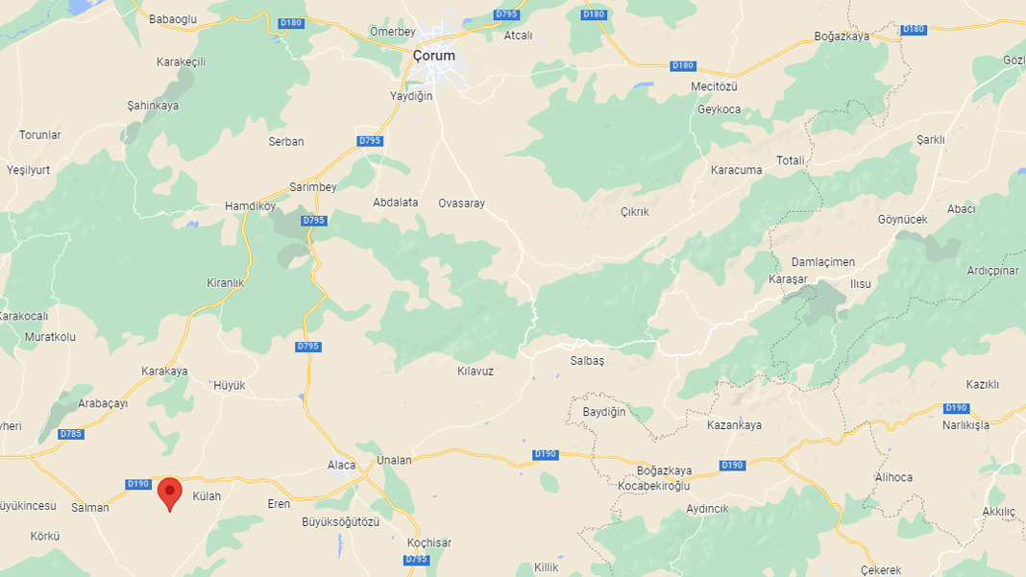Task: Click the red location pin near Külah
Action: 170,493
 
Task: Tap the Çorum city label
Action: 434,56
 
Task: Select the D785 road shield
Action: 71,434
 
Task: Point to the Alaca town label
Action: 341,466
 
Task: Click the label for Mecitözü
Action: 714,86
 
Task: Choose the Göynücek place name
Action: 903,220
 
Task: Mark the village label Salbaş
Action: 587,361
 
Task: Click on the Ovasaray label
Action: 462,204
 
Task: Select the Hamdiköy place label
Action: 250,206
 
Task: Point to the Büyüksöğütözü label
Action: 341,522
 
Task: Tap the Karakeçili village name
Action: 182,62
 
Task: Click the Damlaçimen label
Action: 822,262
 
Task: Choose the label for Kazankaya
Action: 734,425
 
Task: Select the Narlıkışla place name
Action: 965,425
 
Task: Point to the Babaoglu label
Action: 173,17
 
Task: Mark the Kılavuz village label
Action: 476,371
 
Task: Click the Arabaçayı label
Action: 103,404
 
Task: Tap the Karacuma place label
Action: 737,171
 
